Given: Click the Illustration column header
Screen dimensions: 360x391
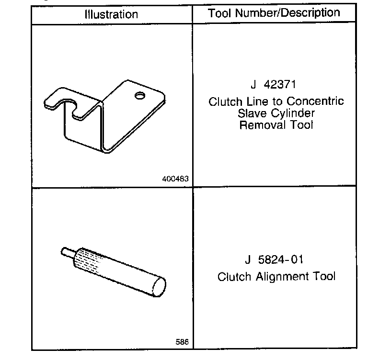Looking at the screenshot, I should coord(111,14).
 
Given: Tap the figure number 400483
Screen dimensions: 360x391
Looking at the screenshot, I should coord(176,179).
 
